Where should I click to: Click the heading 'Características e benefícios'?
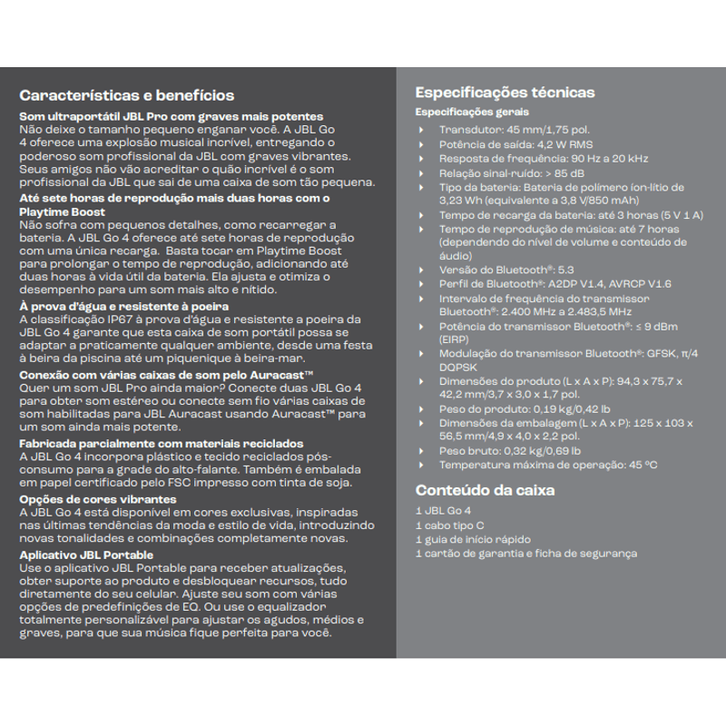pos(127,95)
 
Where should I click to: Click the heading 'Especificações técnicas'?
pos(505,92)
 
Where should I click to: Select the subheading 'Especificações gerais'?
pos(472,112)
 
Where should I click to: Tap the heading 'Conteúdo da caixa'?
pos(485,490)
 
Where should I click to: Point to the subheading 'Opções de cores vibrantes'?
pos(98,499)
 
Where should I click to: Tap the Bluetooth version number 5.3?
pos(566,270)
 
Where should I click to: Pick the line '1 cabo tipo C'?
pos(450,525)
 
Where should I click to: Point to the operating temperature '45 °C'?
pos(643,465)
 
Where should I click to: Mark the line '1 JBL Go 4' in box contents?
pos(443,512)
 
